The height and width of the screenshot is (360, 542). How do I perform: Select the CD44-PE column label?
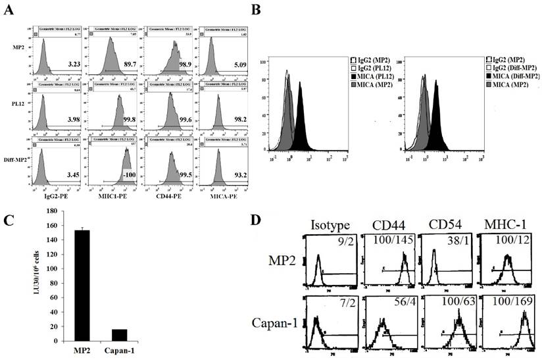point(172,194)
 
